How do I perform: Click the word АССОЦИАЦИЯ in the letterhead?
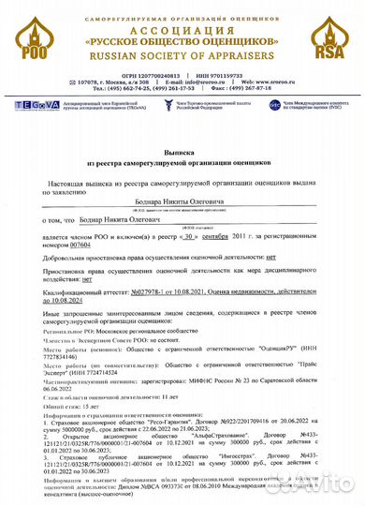click(182, 27)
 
